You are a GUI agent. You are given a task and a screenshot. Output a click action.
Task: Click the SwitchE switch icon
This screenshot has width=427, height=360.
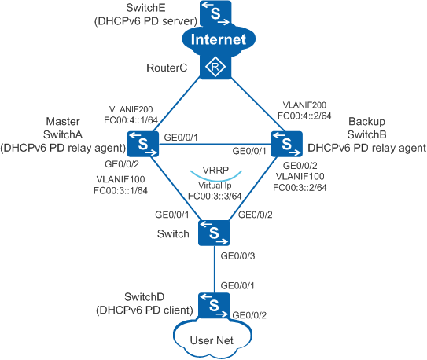pyautogui.click(x=215, y=13)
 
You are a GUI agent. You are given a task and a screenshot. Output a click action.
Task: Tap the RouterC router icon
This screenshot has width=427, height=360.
pyautogui.click(x=215, y=67)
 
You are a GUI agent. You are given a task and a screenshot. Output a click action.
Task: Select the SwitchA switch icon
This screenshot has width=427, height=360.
pyautogui.click(x=143, y=144)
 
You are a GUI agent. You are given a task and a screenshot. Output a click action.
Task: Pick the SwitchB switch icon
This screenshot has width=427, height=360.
pyautogui.click(x=287, y=144)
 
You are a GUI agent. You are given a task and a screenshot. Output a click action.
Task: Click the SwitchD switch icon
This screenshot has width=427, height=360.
pyautogui.click(x=214, y=305)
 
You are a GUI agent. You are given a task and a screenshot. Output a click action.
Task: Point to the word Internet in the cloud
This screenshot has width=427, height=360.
pyautogui.click(x=219, y=39)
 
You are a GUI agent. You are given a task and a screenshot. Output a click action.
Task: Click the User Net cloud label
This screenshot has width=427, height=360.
pyautogui.click(x=212, y=340)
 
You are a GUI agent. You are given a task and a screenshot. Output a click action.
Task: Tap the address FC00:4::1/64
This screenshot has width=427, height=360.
pyautogui.click(x=131, y=120)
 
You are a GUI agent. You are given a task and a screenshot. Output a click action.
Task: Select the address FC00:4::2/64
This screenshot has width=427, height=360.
pyautogui.click(x=304, y=116)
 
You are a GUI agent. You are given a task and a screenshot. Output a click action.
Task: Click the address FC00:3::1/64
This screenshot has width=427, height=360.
pyautogui.click(x=120, y=190)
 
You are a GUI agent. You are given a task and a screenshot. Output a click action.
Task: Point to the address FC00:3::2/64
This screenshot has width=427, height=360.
pyautogui.click(x=300, y=188)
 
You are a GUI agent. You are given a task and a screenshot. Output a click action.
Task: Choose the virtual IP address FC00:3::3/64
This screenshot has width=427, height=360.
pyautogui.click(x=215, y=196)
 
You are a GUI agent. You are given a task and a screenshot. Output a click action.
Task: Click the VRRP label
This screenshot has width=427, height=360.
pyautogui.click(x=215, y=171)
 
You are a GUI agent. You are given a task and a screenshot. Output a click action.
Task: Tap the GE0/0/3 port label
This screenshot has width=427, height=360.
pyautogui.click(x=237, y=256)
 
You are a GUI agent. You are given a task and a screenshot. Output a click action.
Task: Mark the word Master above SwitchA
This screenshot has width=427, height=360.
pyautogui.click(x=63, y=121)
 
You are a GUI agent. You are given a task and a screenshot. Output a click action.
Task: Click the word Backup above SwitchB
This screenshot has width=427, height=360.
pyautogui.click(x=366, y=121)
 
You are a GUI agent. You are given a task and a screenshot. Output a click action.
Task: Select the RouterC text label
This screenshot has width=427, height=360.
pyautogui.click(x=167, y=68)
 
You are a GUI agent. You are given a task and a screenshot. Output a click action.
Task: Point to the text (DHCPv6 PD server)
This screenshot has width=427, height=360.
pyautogui.click(x=145, y=21)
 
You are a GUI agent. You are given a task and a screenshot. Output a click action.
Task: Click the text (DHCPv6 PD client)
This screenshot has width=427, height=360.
pyautogui.click(x=145, y=310)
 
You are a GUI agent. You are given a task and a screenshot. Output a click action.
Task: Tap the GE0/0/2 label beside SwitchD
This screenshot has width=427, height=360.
pyautogui.click(x=249, y=315)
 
